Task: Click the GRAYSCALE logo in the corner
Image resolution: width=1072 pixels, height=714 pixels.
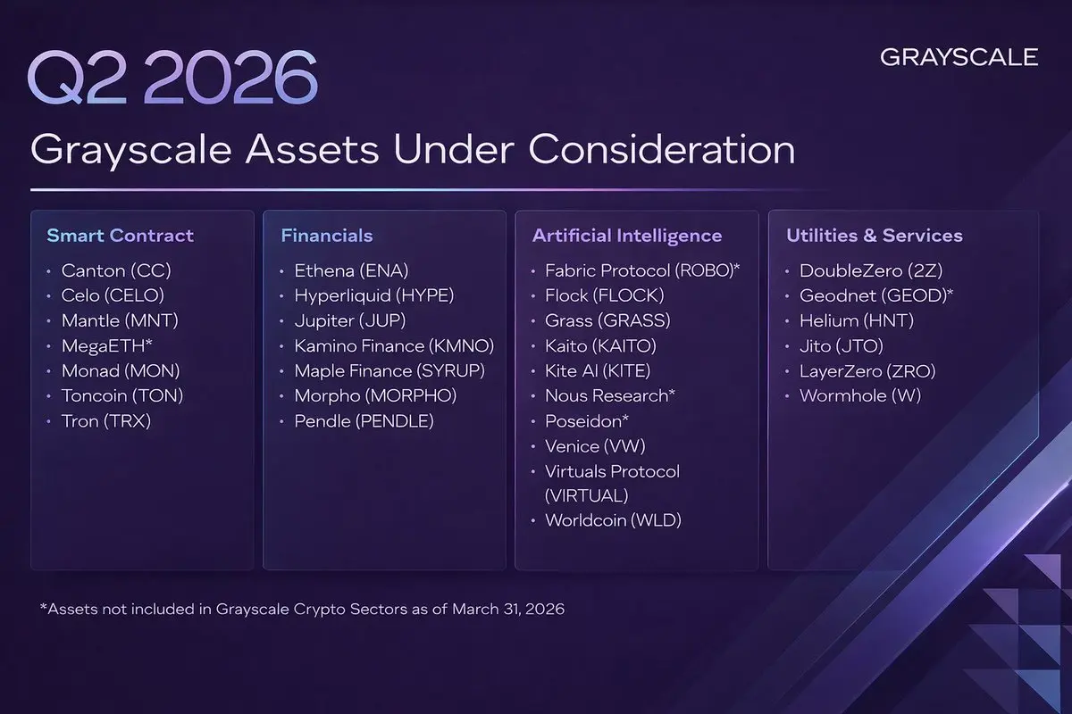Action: [959, 57]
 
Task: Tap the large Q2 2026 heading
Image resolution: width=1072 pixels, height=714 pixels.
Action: [172, 77]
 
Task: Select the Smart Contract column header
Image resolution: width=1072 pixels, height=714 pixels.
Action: [120, 236]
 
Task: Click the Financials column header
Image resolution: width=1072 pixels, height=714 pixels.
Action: [327, 236]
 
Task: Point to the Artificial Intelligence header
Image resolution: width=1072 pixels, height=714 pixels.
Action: [627, 236]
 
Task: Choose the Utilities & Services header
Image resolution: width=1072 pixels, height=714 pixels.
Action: [875, 236]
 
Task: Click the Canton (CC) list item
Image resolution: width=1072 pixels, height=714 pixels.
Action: [116, 270]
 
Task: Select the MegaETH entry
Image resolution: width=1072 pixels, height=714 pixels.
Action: [106, 345]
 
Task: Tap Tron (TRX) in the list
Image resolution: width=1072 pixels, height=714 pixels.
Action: [106, 421]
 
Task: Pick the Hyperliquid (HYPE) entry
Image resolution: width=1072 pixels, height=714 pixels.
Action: [374, 295]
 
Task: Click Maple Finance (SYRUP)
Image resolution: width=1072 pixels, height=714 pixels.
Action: [389, 371]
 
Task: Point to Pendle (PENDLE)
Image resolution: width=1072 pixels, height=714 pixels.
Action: [364, 421]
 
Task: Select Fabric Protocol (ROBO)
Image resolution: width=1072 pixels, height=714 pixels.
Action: [642, 270]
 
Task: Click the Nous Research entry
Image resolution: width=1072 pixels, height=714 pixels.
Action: [610, 395]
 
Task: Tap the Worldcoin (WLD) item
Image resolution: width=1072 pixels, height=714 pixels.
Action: [614, 519]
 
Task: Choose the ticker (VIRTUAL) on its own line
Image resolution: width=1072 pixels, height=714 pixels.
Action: [587, 495]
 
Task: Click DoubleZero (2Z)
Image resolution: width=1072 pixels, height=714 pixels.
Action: [871, 270]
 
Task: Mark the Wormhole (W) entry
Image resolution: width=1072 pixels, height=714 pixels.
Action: [860, 395]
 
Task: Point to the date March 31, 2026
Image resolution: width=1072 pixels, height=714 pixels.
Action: [508, 609]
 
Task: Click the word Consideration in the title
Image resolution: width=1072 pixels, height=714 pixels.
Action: [662, 150]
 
